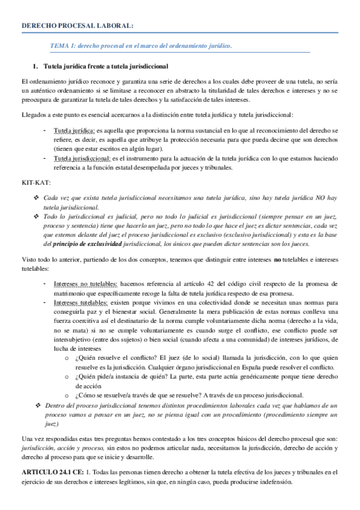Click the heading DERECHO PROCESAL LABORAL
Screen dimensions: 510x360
[x=78, y=25]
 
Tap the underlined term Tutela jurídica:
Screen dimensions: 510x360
[x=74, y=131]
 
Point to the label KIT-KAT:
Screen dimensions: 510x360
[x=35, y=181]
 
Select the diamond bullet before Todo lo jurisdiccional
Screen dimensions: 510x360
[x=37, y=215]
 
